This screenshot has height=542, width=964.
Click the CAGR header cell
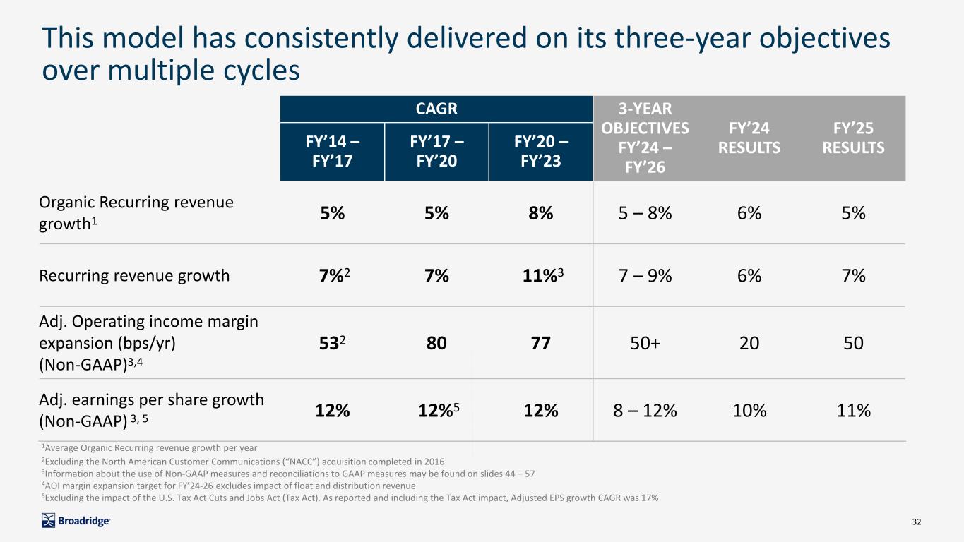tap(436, 109)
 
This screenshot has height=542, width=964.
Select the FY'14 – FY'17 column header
tap(333, 151)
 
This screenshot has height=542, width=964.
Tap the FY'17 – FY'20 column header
tap(436, 151)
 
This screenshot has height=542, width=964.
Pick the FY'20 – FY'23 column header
tap(540, 151)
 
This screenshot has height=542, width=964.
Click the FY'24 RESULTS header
tap(749, 138)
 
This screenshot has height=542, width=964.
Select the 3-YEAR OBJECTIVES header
tap(645, 138)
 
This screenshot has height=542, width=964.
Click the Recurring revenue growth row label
tap(135, 275)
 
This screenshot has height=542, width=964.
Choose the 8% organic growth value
tap(540, 213)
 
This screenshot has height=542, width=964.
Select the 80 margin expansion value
tap(436, 343)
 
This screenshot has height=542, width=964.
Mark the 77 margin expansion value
tap(540, 343)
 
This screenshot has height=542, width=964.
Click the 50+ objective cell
tap(645, 343)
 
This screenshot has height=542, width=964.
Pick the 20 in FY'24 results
tap(749, 343)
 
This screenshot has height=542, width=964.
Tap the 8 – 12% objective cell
tap(645, 410)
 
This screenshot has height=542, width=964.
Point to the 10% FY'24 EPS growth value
tap(749, 410)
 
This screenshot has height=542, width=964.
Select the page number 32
tap(917, 522)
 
